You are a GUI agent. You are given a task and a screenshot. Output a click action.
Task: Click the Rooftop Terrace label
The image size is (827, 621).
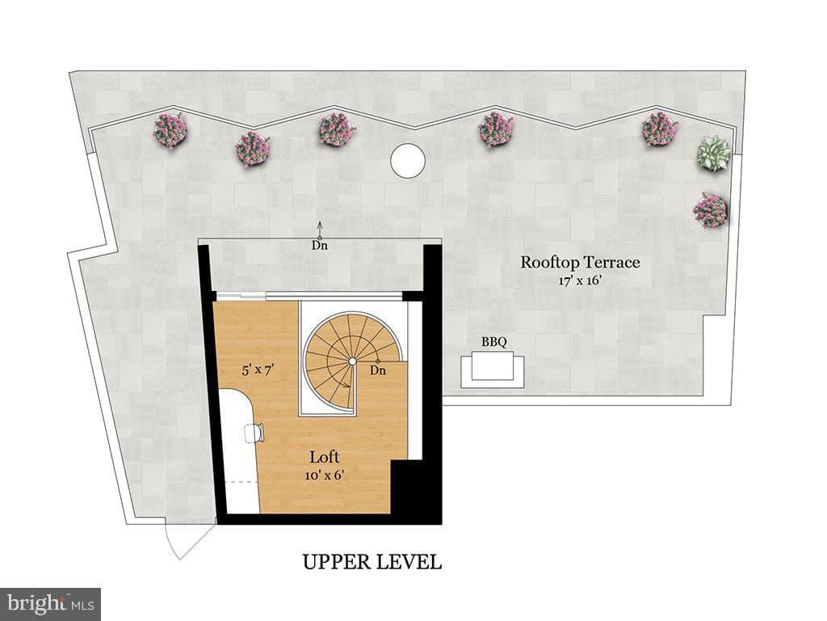(x=580, y=263)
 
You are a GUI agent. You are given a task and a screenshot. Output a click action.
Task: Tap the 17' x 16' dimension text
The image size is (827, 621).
(x=580, y=281)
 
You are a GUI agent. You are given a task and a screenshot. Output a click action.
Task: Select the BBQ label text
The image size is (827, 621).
(x=494, y=342)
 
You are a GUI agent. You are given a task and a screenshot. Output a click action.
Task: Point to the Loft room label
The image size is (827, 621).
(x=325, y=458)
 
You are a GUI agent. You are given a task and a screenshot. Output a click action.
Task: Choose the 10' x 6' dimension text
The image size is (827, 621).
(x=325, y=475)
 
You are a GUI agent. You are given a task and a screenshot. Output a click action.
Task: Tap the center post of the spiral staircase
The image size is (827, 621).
(x=352, y=361)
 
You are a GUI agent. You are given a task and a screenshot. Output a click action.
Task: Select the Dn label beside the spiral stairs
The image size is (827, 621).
(x=378, y=370)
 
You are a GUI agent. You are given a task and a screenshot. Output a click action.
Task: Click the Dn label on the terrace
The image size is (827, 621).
(x=319, y=246)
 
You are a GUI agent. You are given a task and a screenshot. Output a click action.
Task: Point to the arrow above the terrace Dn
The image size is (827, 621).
(x=319, y=230)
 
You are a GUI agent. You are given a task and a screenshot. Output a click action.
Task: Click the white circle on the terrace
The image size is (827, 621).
(x=408, y=161)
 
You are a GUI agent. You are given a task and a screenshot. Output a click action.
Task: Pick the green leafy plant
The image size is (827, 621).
(x=714, y=153)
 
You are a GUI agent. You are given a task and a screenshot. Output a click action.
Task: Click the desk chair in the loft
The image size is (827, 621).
(x=254, y=433)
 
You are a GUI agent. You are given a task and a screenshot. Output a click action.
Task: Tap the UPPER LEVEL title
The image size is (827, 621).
(x=372, y=562)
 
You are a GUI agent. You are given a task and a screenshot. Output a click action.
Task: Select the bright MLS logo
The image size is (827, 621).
(x=51, y=604)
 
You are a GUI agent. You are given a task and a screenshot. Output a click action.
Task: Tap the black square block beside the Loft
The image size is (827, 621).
(x=416, y=492)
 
